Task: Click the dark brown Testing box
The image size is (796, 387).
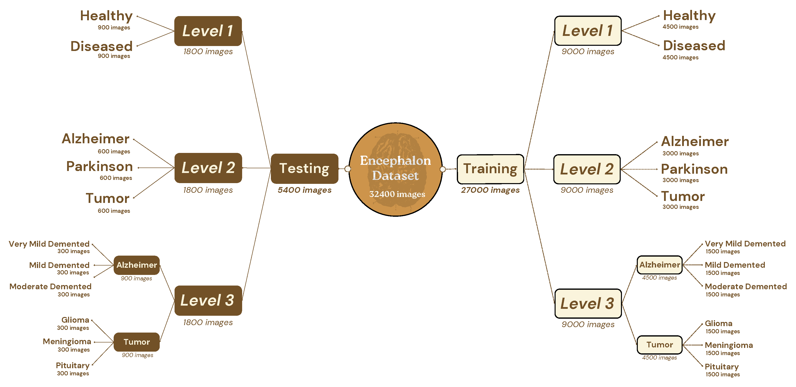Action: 304,169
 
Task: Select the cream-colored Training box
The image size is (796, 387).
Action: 490,169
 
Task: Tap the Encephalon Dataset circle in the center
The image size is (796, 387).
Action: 396,169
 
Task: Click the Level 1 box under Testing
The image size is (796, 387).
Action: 208,31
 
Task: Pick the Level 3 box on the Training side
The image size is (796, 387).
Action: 588,303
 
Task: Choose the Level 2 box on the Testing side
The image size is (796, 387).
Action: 208,168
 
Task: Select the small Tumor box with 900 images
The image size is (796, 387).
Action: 137,342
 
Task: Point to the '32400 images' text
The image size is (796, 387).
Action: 397,194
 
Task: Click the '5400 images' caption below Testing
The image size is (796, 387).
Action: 304,190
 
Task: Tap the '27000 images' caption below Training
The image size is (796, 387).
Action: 490,190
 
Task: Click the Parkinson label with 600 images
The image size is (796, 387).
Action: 100,167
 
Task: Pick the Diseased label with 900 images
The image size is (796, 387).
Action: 101,46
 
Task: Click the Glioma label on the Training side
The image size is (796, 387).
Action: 719,323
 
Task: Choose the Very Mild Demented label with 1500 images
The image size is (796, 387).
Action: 745,244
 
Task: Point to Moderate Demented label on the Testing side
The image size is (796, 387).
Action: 50,286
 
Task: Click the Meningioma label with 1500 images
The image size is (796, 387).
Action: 729,345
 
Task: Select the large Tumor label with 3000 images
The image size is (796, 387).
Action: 683,196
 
